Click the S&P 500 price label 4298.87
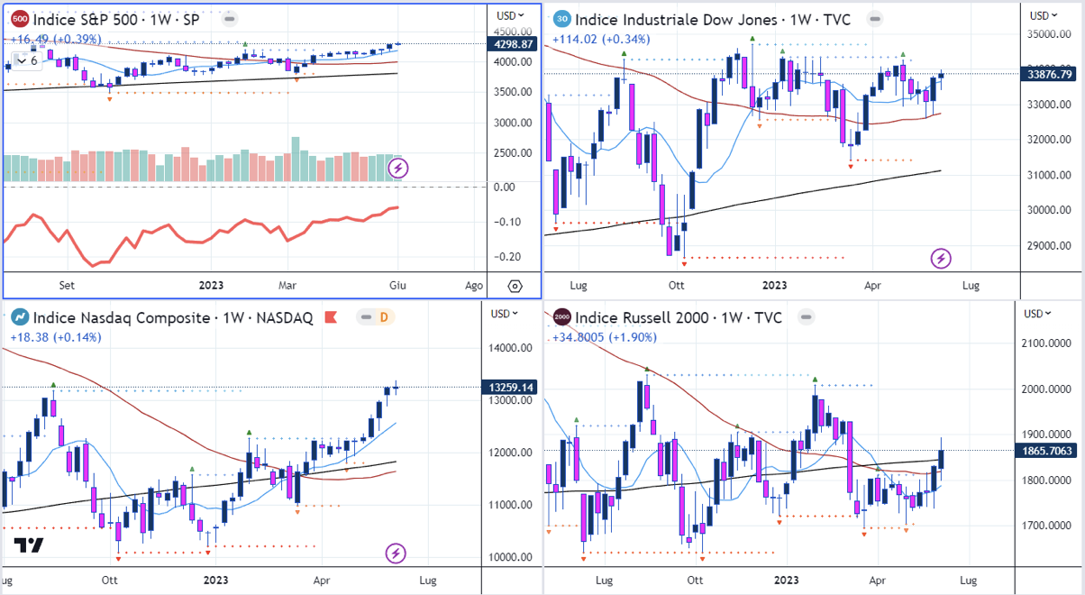point(511,44)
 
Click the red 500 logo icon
point(19,18)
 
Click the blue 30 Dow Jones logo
point(561,18)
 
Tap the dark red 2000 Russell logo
point(561,317)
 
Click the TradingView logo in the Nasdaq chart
point(29,545)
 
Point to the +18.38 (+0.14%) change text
point(56,337)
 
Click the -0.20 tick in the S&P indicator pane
point(510,257)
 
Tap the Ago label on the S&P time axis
point(473,285)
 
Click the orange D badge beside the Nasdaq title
point(383,317)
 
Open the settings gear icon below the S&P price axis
point(515,286)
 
